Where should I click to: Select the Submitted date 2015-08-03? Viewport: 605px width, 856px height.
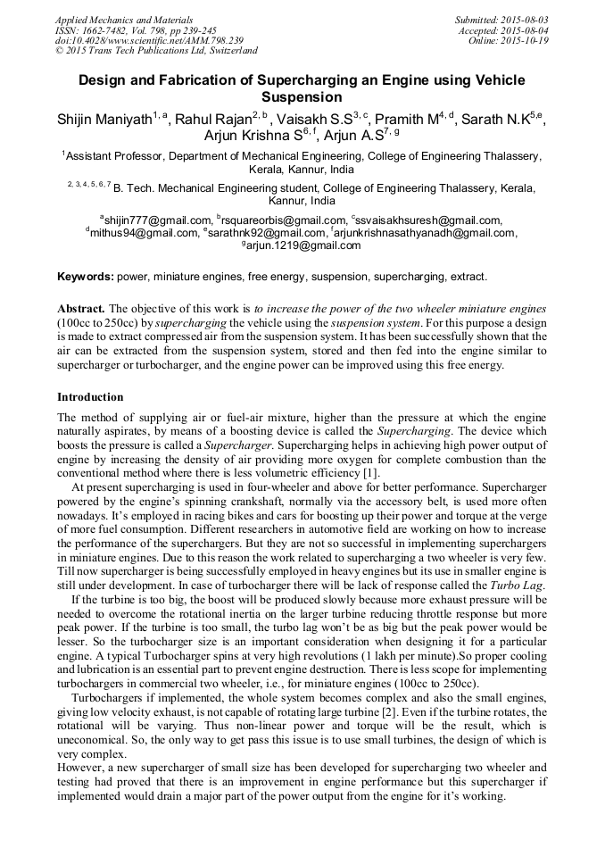526,19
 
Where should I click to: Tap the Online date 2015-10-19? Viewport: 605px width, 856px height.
526,40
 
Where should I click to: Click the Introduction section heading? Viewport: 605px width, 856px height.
90,397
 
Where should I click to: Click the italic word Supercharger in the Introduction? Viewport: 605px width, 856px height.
227,445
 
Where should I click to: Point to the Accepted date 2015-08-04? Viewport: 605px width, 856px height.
526,29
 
